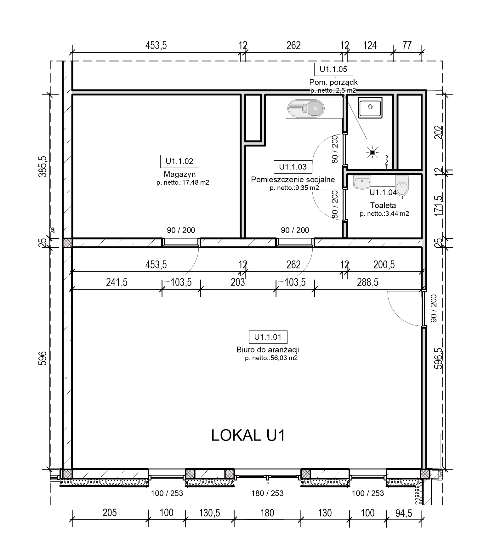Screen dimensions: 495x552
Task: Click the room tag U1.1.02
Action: click(179, 161)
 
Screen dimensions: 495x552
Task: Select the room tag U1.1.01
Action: click(268, 337)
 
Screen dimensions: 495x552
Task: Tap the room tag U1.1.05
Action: click(333, 69)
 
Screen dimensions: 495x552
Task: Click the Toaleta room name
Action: click(383, 205)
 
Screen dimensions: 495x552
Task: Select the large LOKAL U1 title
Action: click(248, 436)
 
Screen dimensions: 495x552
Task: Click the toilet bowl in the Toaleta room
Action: click(402, 185)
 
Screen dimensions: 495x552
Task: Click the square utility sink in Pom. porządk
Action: click(370, 108)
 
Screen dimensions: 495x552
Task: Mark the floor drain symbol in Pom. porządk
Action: click(373, 153)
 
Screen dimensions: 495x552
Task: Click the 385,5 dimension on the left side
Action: click(43, 166)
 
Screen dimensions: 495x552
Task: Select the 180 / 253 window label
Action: click(267, 493)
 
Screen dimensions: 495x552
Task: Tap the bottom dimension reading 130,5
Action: click(209, 513)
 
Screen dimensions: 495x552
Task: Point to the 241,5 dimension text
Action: click(117, 282)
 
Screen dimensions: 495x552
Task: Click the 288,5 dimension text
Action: click(367, 282)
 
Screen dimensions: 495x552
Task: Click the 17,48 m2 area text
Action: click(196, 182)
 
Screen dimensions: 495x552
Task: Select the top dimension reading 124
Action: click(370, 45)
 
